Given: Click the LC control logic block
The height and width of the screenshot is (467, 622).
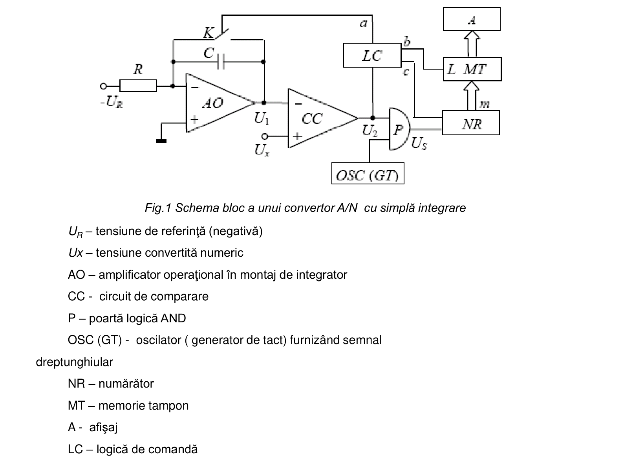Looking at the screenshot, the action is pyautogui.click(x=372, y=55).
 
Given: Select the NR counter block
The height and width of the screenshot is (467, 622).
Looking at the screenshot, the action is pyautogui.click(x=471, y=123).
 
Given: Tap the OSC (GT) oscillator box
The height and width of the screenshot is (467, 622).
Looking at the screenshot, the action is pyautogui.click(x=368, y=173).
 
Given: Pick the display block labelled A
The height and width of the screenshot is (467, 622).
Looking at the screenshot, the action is pyautogui.click(x=472, y=19).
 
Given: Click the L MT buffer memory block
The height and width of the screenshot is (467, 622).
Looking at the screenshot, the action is pyautogui.click(x=472, y=69).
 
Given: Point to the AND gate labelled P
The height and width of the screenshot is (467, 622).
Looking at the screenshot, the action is pyautogui.click(x=400, y=129).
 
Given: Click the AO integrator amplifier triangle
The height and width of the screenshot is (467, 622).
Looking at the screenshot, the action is pyautogui.click(x=220, y=103).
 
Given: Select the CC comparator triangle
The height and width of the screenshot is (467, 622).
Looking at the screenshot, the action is pyautogui.click(x=323, y=118).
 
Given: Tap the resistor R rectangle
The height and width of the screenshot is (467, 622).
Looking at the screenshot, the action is pyautogui.click(x=138, y=86).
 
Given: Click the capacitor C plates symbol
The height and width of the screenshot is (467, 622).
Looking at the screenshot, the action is pyautogui.click(x=221, y=62).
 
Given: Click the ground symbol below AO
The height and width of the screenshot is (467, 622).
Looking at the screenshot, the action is pyautogui.click(x=161, y=141).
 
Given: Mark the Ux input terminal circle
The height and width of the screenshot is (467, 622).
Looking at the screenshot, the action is pyautogui.click(x=264, y=137).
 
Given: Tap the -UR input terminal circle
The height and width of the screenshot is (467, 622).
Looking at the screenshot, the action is pyautogui.click(x=103, y=86).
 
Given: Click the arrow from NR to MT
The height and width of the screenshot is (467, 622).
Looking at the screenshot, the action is pyautogui.click(x=471, y=96).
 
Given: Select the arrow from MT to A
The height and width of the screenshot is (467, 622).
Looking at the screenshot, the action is pyautogui.click(x=472, y=44).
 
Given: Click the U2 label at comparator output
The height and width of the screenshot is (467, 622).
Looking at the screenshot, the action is pyautogui.click(x=370, y=131).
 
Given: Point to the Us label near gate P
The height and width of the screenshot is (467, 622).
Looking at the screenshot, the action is pyautogui.click(x=419, y=143).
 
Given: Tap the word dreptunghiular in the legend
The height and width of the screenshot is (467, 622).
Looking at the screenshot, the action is pyautogui.click(x=75, y=362).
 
